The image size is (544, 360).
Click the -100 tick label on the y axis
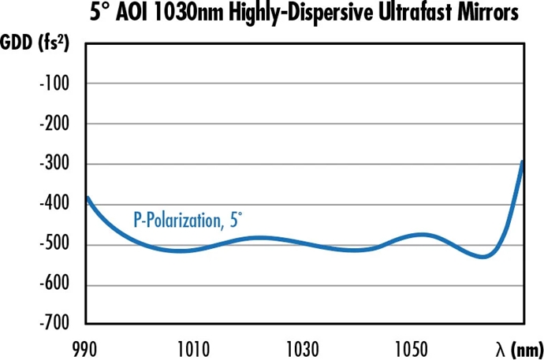(52, 84)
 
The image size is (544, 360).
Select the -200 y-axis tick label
(52, 124)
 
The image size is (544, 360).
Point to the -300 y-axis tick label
(52, 164)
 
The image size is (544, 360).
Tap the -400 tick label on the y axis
(52, 204)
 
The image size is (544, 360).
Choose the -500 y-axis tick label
(52, 244)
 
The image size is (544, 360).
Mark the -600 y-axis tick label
(52, 284)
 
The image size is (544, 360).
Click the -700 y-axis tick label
(52, 324)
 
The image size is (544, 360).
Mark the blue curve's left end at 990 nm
(86, 198)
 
